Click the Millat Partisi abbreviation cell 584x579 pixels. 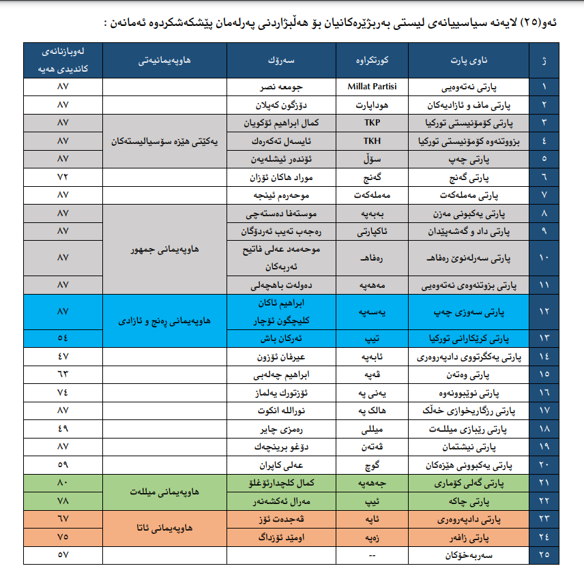373,87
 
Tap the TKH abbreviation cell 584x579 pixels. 373,140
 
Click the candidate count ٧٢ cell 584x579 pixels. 63,176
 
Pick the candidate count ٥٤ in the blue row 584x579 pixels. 63,338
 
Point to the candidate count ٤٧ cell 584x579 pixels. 63,357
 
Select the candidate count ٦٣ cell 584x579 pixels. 63,374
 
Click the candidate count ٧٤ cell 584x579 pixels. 63,393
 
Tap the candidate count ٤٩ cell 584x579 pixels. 63,428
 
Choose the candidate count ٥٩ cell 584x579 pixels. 63,464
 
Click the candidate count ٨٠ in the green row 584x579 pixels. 63,483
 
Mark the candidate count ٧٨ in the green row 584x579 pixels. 63,501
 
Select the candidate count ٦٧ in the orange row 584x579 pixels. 63,519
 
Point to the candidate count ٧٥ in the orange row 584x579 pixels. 63,537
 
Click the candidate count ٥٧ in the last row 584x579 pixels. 63,555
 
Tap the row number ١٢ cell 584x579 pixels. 544,311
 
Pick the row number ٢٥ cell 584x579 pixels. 544,555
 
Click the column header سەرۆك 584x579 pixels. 282,61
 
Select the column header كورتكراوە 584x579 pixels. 373,61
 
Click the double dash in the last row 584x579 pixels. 373,555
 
